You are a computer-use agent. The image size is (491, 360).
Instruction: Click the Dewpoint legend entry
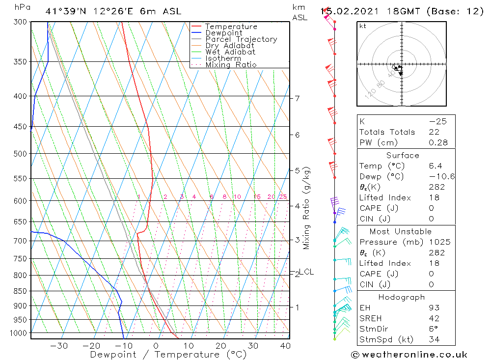pyautogui.click(x=223, y=33)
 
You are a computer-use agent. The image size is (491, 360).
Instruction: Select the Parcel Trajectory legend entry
pyautogui.click(x=241, y=39)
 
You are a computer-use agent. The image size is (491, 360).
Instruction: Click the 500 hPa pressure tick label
pyautogui.click(x=20, y=154)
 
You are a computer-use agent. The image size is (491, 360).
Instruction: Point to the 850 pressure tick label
pyautogui.click(x=20, y=291)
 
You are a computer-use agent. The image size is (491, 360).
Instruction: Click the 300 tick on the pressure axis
pyautogui.click(x=20, y=22)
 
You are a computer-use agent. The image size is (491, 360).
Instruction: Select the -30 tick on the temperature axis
pyautogui.click(x=59, y=346)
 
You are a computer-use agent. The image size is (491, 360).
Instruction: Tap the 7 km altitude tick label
pyautogui.click(x=298, y=98)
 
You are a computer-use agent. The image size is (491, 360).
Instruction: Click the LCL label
pyautogui.click(x=306, y=272)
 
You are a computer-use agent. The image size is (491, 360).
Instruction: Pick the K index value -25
pyautogui.click(x=437, y=121)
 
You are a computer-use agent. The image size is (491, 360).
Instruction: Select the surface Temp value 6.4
pyautogui.click(x=435, y=166)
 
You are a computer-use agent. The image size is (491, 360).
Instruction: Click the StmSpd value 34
pyautogui.click(x=434, y=339)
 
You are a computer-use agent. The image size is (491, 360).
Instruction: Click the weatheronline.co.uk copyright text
pyautogui.click(x=409, y=355)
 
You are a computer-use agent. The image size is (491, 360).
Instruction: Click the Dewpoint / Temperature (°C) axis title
pyautogui.click(x=168, y=354)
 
